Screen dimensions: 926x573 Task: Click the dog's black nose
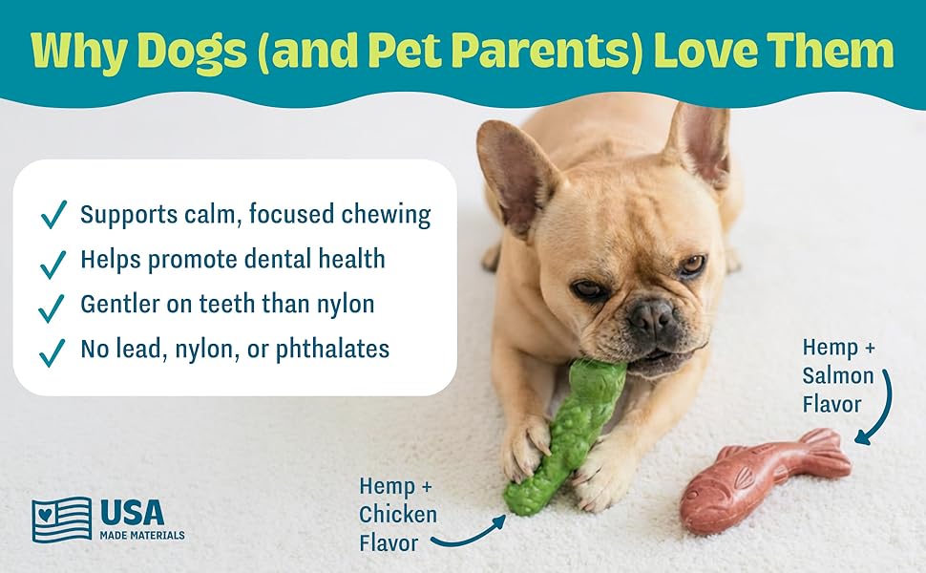pyautogui.click(x=652, y=313)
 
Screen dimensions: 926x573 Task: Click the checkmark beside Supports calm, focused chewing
pyautogui.click(x=53, y=214)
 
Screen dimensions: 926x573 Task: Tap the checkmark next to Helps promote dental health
pyautogui.click(x=53, y=264)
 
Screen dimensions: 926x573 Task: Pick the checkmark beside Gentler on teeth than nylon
pyautogui.click(x=52, y=308)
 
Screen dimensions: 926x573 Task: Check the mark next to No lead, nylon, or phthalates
pyautogui.click(x=52, y=352)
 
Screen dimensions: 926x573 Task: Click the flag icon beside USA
pyautogui.click(x=62, y=520)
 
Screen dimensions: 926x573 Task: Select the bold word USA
pyautogui.click(x=132, y=512)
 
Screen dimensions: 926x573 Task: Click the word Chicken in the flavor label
pyautogui.click(x=398, y=515)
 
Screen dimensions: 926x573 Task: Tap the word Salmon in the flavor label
pyautogui.click(x=837, y=375)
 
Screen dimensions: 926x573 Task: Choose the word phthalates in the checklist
pyautogui.click(x=332, y=350)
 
